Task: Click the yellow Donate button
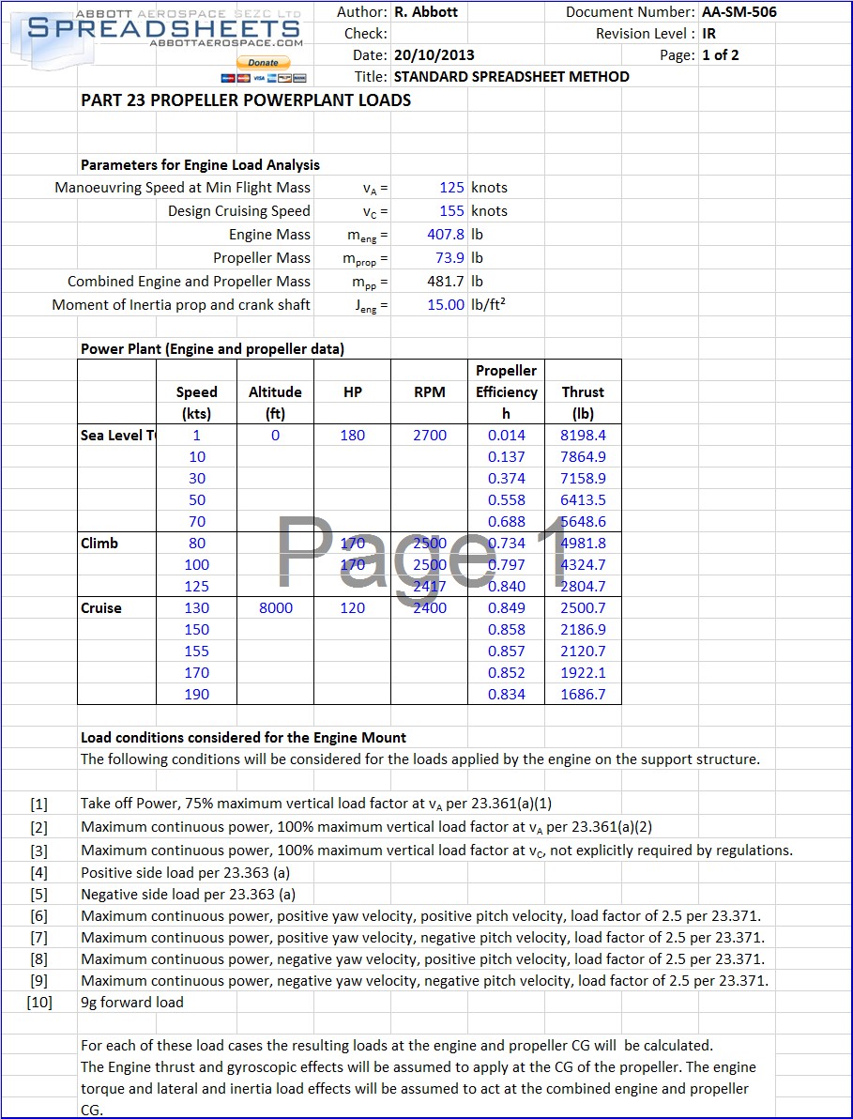pyautogui.click(x=263, y=62)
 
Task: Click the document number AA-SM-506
pyautogui.click(x=739, y=12)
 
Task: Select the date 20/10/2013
pyautogui.click(x=433, y=55)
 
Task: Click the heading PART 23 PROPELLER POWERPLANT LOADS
pyautogui.click(x=246, y=100)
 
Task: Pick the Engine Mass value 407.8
pyautogui.click(x=446, y=235)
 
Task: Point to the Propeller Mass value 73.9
pyautogui.click(x=449, y=258)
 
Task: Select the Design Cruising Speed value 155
pyautogui.click(x=451, y=211)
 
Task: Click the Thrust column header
pyautogui.click(x=583, y=392)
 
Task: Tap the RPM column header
pyautogui.click(x=430, y=392)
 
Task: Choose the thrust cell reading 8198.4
pyautogui.click(x=583, y=436)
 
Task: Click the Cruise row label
pyautogui.click(x=101, y=608)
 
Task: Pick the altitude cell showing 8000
pyautogui.click(x=275, y=608)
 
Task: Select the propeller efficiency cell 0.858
pyautogui.click(x=507, y=630)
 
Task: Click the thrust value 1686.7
pyautogui.click(x=583, y=695)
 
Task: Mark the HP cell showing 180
pyautogui.click(x=353, y=436)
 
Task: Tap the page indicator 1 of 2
pyautogui.click(x=721, y=55)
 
